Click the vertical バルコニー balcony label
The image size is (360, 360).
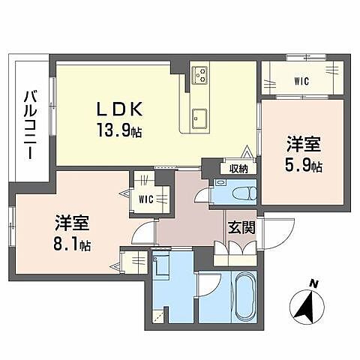coord(30,124)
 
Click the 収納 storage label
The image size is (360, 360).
coord(238,169)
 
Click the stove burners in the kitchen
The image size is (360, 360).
coord(199,74)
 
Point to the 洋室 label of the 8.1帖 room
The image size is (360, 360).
coord(72,222)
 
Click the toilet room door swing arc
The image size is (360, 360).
coord(202,197)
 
